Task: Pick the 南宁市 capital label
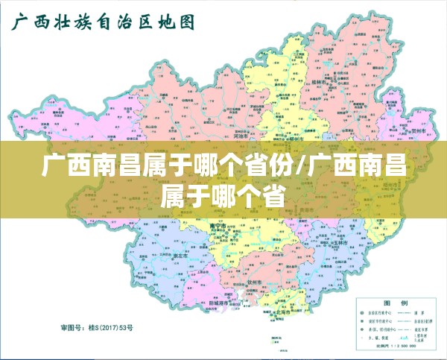coord(218,224)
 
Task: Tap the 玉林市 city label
coord(340,243)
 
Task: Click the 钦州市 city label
coord(256,282)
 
